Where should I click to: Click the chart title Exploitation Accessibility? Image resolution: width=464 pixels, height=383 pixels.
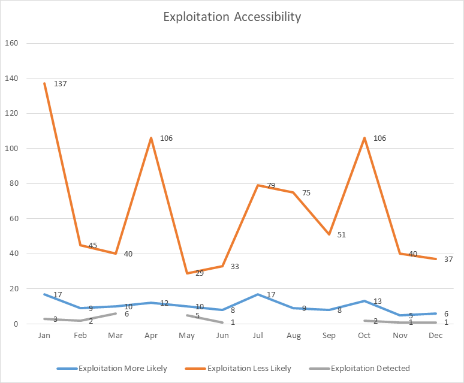tap(232, 17)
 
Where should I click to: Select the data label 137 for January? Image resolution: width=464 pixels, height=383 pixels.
tap(60, 84)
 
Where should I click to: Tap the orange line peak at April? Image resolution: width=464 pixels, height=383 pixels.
tap(151, 138)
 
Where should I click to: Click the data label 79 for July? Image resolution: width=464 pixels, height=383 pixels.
tap(270, 186)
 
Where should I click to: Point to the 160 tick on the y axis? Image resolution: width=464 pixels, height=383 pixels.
tap(12, 43)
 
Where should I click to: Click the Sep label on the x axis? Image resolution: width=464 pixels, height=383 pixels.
tap(329, 336)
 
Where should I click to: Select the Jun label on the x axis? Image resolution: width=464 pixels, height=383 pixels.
tap(222, 336)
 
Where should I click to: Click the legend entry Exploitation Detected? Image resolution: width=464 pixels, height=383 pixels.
tap(370, 368)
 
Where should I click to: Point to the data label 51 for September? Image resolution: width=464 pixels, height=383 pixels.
tap(342, 235)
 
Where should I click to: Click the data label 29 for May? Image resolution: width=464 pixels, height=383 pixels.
tap(199, 273)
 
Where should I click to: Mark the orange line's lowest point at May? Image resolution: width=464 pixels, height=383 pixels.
tap(187, 273)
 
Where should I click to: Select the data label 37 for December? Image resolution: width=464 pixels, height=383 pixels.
tap(448, 259)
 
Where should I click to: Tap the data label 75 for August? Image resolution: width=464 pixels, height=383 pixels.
tap(306, 193)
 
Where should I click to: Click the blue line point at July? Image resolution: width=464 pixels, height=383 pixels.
tap(258, 294)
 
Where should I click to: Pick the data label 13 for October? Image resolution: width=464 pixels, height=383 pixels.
tap(378, 301)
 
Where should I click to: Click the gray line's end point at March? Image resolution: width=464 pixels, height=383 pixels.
tap(116, 313)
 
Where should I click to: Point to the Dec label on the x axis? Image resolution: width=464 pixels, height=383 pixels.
tap(436, 336)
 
